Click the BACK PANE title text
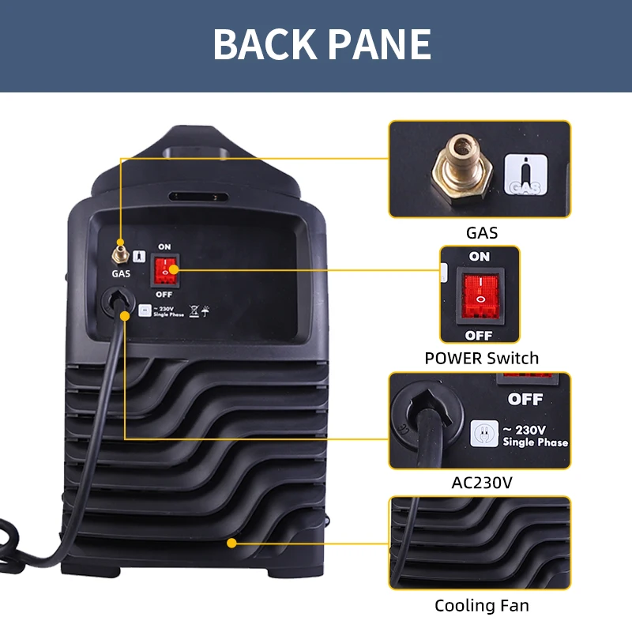(x=322, y=44)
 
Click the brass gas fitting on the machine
(x=120, y=253)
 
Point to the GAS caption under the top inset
(x=482, y=233)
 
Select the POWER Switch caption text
(x=482, y=358)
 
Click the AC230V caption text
(x=480, y=482)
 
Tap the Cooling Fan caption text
(x=482, y=606)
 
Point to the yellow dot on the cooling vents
(x=232, y=543)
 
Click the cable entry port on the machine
(x=117, y=301)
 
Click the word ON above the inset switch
(x=480, y=257)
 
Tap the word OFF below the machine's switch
(x=164, y=294)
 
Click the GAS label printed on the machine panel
(x=120, y=273)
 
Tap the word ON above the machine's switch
(x=164, y=247)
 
